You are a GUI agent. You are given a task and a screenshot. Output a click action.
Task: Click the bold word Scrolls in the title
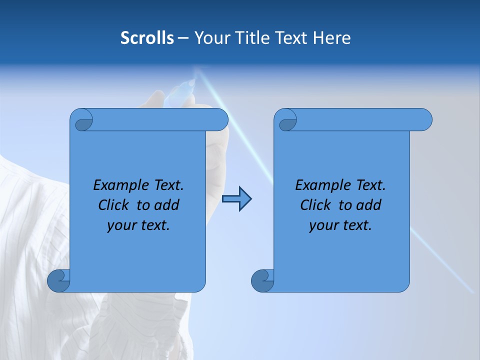(x=147, y=38)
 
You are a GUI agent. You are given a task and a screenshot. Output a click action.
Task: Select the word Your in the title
(x=210, y=38)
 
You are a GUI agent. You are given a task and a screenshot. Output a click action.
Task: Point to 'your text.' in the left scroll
(x=138, y=225)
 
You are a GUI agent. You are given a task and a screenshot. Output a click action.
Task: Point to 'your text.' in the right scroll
(x=340, y=225)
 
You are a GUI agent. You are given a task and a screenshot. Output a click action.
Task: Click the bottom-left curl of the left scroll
(x=58, y=280)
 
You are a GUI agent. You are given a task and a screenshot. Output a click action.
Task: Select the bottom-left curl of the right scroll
(x=262, y=280)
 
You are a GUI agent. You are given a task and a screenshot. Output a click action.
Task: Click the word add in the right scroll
(x=368, y=205)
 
